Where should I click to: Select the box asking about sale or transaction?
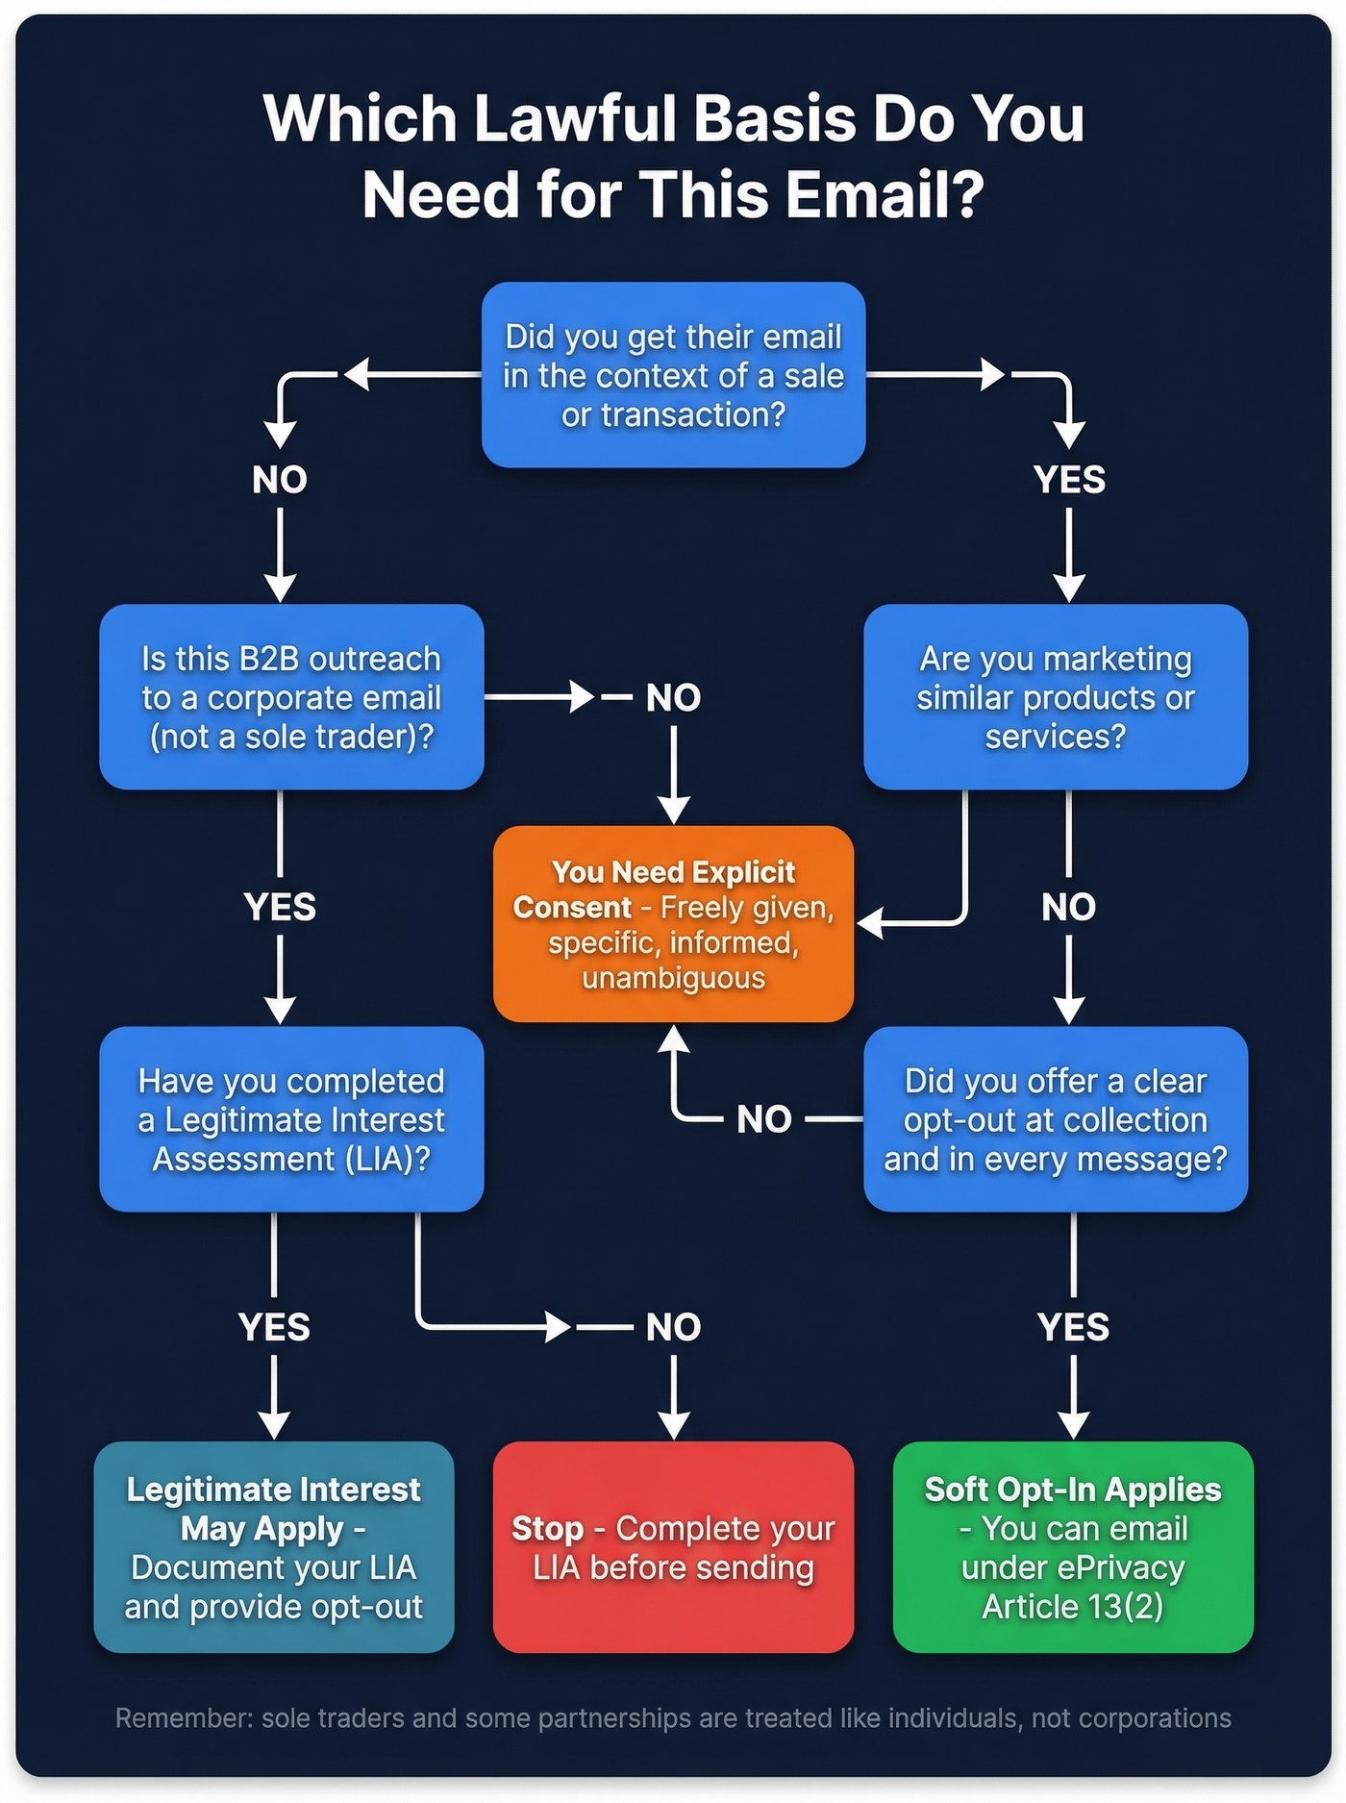pos(673,375)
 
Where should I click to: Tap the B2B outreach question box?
pos(291,697)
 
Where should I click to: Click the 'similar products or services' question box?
pos(1055,697)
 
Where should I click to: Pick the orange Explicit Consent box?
pos(673,924)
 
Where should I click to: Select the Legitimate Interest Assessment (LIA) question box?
pos(291,1119)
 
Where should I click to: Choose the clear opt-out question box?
pos(1055,1119)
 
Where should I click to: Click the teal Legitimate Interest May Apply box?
pos(274,1547)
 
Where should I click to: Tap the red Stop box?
pos(673,1547)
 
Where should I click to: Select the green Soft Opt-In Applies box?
pos(1073,1547)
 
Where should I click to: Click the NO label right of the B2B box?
pos(673,698)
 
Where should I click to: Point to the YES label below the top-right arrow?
pos(1069,479)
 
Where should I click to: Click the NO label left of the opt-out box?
pos(764,1119)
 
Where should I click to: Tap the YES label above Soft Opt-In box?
pos(1073,1327)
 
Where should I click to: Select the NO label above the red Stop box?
pos(673,1327)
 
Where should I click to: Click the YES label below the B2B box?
pos(280,907)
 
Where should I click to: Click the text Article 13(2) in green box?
pos(1073,1607)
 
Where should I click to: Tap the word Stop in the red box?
pos(547,1528)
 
